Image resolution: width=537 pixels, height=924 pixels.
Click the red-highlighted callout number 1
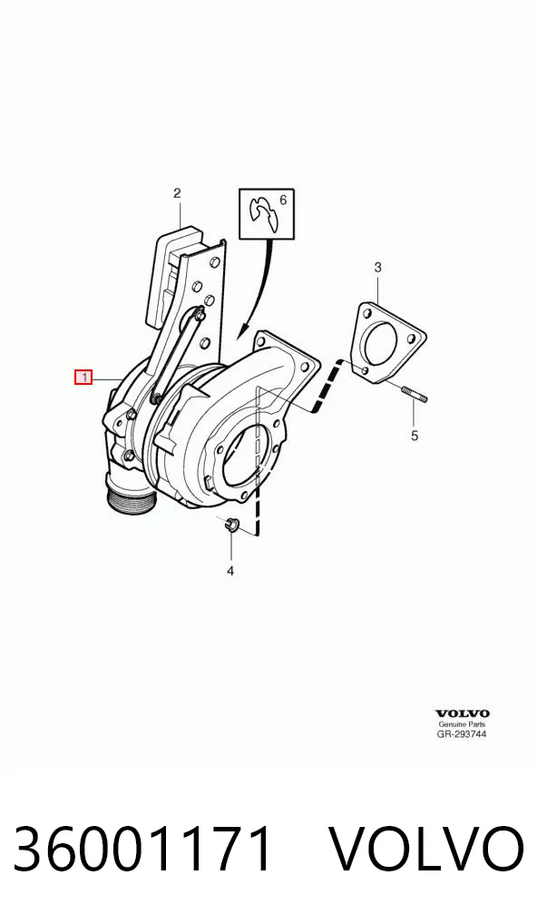[x=83, y=377]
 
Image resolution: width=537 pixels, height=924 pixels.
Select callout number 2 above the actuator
[x=177, y=192]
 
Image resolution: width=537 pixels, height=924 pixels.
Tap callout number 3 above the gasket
[x=378, y=268]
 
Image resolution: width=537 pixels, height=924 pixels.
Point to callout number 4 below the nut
[x=230, y=570]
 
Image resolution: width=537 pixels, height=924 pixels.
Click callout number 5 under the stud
[x=415, y=436]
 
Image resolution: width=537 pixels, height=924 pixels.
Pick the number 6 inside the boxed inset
[x=283, y=201]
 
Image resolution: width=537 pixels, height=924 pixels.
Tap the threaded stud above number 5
[x=415, y=393]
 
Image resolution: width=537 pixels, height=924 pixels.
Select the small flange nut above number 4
[x=231, y=524]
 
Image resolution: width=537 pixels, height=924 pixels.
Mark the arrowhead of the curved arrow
[x=243, y=332]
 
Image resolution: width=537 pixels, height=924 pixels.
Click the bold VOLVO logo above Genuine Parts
[x=463, y=714]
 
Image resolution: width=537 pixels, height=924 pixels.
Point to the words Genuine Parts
[x=463, y=724]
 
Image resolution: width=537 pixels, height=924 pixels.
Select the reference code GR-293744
[x=463, y=734]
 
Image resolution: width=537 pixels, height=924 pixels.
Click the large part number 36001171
[x=143, y=850]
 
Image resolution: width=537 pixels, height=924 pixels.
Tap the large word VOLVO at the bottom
[x=425, y=850]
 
